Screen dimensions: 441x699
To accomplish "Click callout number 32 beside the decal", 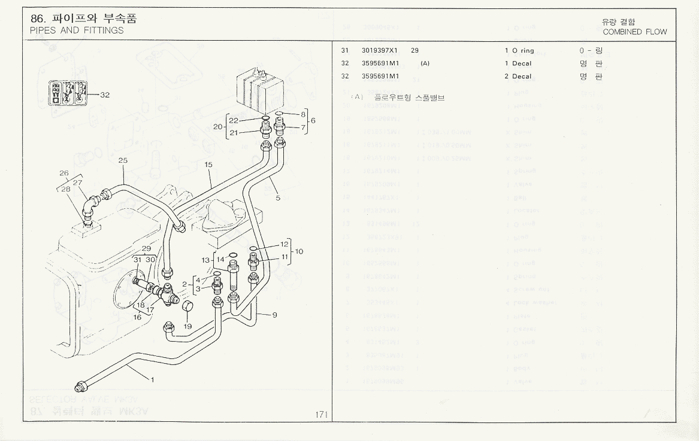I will coord(105,95).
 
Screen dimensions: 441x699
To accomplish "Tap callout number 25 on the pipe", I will coord(123,160).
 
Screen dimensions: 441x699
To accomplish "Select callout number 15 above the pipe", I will coord(208,164).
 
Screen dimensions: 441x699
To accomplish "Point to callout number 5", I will coord(277,198).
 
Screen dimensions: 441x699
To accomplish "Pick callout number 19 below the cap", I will coord(187,327).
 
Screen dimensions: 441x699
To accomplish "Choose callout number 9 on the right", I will coord(274,315).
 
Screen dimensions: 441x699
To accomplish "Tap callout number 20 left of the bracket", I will coord(217,126).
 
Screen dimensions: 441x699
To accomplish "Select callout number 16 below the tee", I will coord(137,317).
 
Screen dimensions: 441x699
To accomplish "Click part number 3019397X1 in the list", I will coord(382,51).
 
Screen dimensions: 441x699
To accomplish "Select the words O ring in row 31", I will coord(523,51).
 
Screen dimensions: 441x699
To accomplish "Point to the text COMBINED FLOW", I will coord(634,32).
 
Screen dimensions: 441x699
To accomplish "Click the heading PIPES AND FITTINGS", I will coord(77,31).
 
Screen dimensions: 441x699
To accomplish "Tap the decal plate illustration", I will coord(68,93).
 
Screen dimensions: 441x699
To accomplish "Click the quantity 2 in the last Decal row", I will coord(506,77).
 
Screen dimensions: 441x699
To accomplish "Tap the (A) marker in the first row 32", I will coord(425,63).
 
